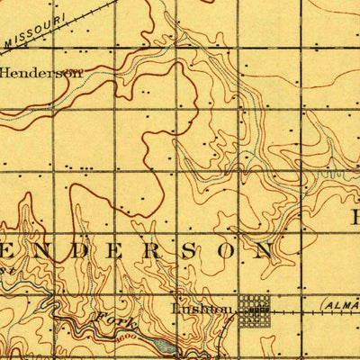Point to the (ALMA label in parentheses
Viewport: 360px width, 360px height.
[339, 307]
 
